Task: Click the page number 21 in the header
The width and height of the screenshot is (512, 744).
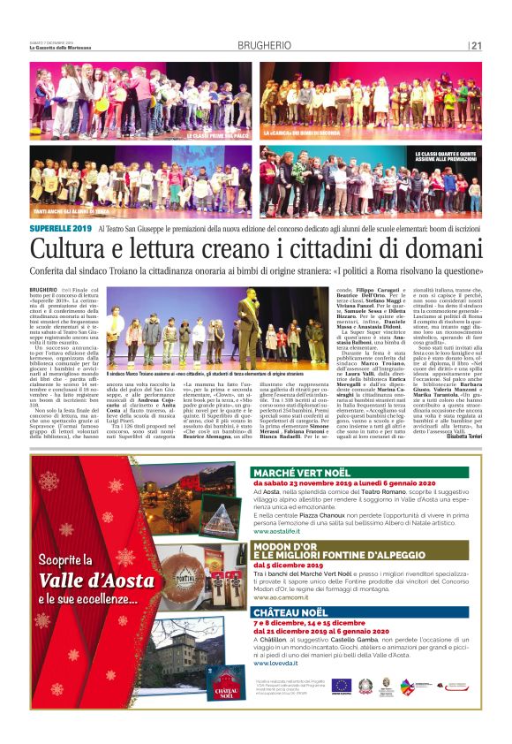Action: (476, 46)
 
